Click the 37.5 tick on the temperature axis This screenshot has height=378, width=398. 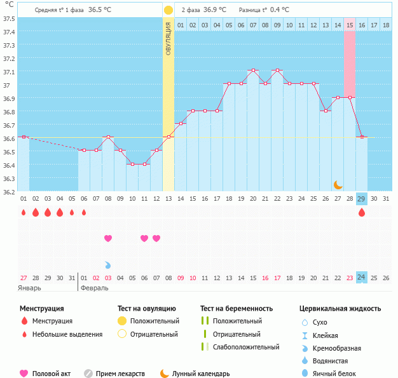[9, 18]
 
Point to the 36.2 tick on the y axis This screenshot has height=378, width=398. [9, 191]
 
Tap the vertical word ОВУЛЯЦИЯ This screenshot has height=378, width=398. [168, 38]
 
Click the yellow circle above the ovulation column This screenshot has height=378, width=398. [168, 10]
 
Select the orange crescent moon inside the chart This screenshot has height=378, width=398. [338, 184]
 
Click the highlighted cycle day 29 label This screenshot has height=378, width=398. [362, 199]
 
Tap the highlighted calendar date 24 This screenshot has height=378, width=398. [362, 278]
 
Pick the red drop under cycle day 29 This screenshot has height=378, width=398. [362, 213]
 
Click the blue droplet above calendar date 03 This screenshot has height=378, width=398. [108, 264]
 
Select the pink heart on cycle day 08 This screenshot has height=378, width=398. [108, 238]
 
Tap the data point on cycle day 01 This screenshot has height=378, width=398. [24, 137]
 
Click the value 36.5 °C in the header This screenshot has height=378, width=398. [100, 10]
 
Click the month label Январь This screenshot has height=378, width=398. [30, 288]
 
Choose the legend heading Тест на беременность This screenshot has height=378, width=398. [237, 308]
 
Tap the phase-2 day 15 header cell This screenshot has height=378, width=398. [350, 25]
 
